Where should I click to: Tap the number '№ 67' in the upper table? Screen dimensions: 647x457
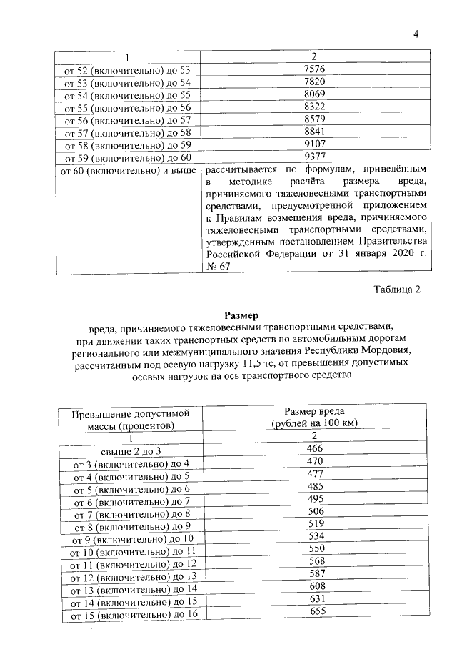(218, 266)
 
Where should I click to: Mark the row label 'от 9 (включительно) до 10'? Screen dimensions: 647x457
(129, 539)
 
